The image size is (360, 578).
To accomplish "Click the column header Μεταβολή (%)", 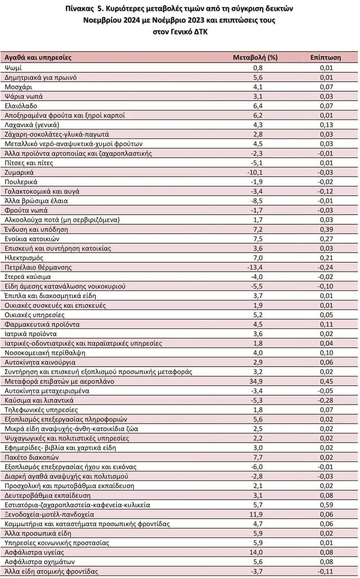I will click(255, 57).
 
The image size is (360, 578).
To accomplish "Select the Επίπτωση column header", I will click(325, 57).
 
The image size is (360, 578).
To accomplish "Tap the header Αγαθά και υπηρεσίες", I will click(38, 57).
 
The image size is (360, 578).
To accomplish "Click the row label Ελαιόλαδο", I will click(21, 106).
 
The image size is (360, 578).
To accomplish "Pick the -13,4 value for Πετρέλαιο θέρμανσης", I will click(255, 267).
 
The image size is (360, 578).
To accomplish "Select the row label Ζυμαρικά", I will click(19, 173).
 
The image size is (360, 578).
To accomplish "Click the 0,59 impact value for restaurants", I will click(326, 505).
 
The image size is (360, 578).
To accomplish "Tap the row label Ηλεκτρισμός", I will click(24, 258).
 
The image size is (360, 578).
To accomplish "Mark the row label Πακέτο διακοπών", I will click(32, 457).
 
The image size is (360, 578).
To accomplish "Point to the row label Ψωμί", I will click(13, 68).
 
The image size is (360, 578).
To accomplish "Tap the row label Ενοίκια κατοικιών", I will click(32, 239).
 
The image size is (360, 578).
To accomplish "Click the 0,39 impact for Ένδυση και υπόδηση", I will click(326, 229).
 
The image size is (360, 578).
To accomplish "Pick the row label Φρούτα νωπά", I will click(26, 210).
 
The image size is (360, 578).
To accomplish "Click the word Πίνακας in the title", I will click(79, 9).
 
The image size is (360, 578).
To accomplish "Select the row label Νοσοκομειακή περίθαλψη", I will click(45, 353).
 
